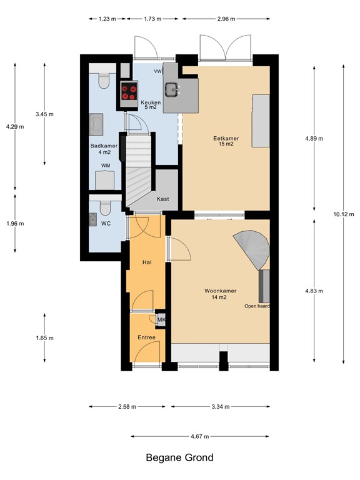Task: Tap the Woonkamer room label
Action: (x=215, y=291)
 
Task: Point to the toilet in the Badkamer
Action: (x=104, y=80)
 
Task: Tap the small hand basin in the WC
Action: (x=93, y=219)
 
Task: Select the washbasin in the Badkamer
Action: (x=96, y=124)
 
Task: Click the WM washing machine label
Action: (x=106, y=166)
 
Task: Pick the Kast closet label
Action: (x=163, y=199)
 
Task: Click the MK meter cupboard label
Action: (x=161, y=320)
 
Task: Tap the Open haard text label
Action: (x=257, y=306)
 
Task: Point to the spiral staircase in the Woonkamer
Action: (x=251, y=247)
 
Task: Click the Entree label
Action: (x=146, y=337)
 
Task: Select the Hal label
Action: (x=147, y=262)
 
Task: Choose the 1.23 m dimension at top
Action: (x=107, y=19)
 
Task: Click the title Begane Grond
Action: (x=179, y=458)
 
